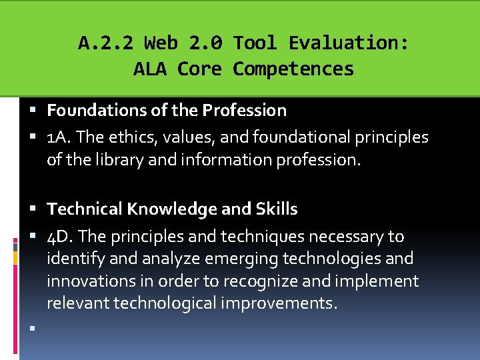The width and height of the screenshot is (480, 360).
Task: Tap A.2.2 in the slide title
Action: (x=105, y=43)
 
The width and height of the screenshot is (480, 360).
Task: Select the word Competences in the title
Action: (x=293, y=69)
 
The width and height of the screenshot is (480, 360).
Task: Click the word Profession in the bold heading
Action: (x=244, y=110)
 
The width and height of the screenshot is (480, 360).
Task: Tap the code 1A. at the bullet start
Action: (x=57, y=137)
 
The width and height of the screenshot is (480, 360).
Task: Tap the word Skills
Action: (x=277, y=209)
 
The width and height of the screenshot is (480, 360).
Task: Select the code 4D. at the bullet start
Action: (x=59, y=237)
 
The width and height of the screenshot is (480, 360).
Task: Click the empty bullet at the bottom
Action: (x=33, y=328)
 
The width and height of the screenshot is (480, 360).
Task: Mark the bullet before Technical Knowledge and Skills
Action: (x=33, y=209)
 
